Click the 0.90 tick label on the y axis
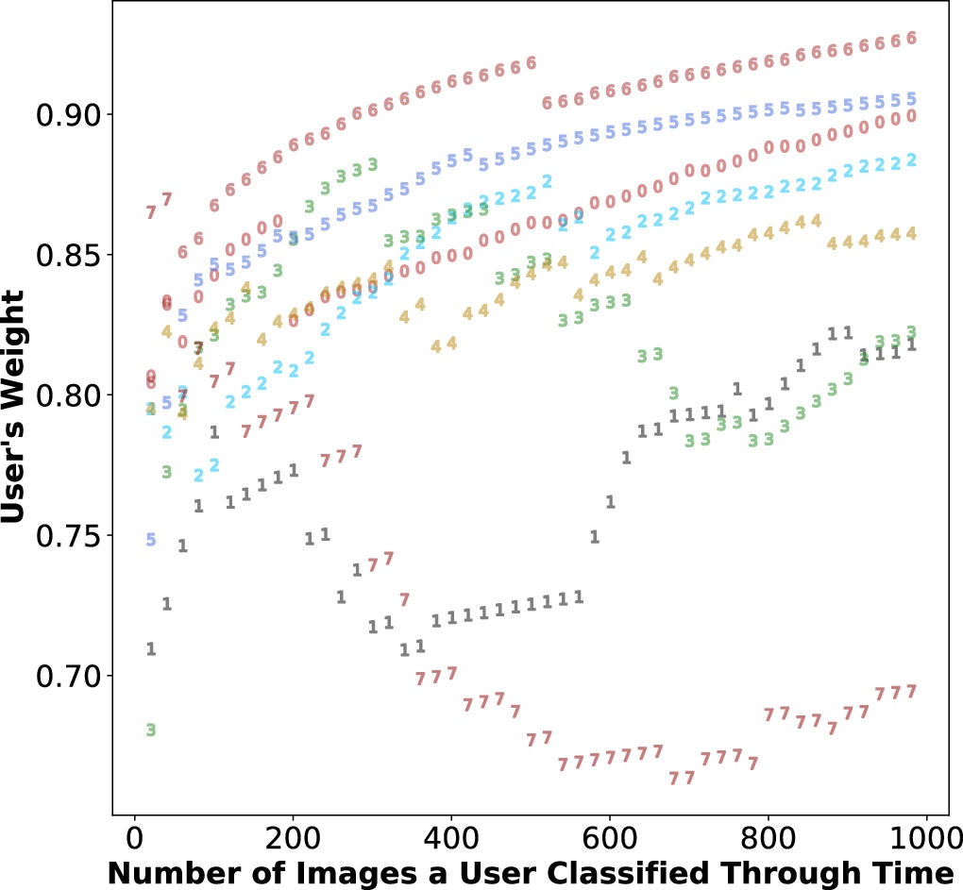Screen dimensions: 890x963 pyautogui.click(x=67, y=115)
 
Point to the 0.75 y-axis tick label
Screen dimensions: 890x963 pyautogui.click(x=67, y=536)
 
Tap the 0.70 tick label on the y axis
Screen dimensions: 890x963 pyautogui.click(x=67, y=677)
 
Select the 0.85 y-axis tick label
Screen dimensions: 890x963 pyautogui.click(x=67, y=255)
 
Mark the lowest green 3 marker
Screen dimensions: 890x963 pyautogui.click(x=150, y=730)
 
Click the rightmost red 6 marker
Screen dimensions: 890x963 pyautogui.click(x=911, y=38)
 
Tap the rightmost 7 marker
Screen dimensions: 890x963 pyautogui.click(x=911, y=691)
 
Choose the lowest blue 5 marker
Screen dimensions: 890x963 pyautogui.click(x=150, y=539)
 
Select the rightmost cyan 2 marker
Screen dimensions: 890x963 pyautogui.click(x=911, y=160)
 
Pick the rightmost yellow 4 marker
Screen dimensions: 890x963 pyautogui.click(x=911, y=233)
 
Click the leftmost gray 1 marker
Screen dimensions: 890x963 pyautogui.click(x=150, y=648)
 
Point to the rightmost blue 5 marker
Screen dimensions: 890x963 pyautogui.click(x=911, y=99)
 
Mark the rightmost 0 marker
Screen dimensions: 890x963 pyautogui.click(x=911, y=116)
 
